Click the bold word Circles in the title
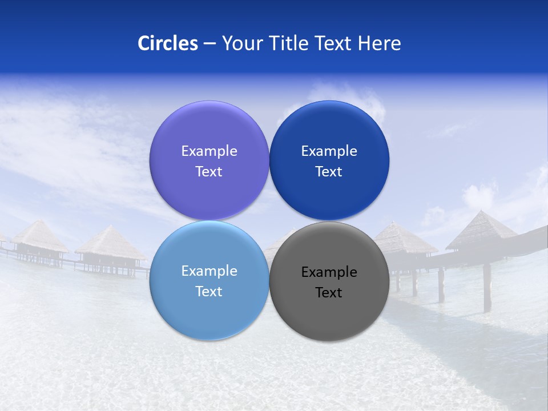point(167,43)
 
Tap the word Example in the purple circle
point(209,151)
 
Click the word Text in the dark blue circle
point(329,172)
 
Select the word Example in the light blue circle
point(209,271)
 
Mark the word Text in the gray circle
point(329,293)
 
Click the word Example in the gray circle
point(329,272)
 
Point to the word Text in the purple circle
point(209,172)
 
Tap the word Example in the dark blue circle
point(329,151)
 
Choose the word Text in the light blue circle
point(209,292)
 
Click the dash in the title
point(209,44)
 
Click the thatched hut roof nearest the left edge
point(40,235)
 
